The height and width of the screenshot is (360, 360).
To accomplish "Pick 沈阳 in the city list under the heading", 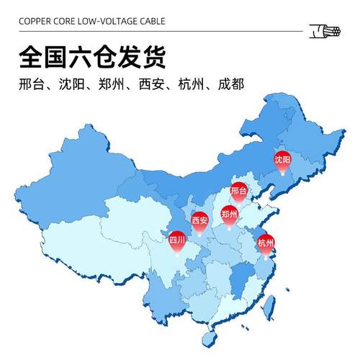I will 72,84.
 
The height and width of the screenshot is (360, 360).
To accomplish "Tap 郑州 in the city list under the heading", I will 111,84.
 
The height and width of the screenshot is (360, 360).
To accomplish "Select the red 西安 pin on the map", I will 199,221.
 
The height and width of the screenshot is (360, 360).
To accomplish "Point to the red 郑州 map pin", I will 229,214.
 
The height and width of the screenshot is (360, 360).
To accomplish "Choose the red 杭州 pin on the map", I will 266,243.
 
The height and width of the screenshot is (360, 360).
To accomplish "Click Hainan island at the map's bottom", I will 210,336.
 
